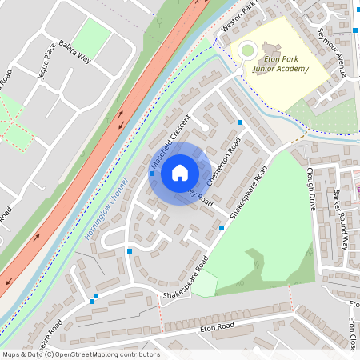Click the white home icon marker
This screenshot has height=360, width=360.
click(180, 172)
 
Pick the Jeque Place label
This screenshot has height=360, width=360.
click(44, 62)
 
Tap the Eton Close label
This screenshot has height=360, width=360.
click(353, 334)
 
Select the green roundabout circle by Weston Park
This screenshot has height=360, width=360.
click(248, 51)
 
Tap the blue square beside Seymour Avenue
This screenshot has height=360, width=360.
click(355, 30)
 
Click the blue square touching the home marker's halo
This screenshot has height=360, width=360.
click(152, 173)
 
